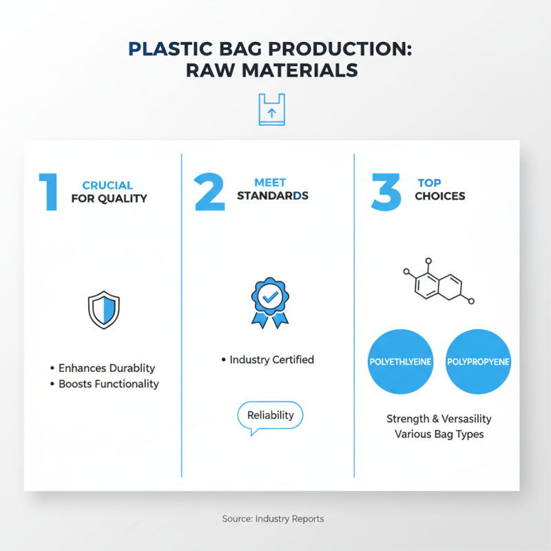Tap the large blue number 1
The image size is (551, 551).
pos(48,192)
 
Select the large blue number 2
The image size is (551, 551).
pos(209,192)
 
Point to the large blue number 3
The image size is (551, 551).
pos(386,192)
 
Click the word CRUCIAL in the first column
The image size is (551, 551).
pos(107,185)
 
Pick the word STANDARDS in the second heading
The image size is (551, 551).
pos(272,196)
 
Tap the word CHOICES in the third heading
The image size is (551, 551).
pos(439,196)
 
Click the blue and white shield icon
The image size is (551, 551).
pos(104,309)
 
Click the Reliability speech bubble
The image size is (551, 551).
pos(269,416)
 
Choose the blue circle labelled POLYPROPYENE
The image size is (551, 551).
pos(478,362)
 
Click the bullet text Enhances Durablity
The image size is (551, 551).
pos(106,368)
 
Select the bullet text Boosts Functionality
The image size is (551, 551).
pos(108,384)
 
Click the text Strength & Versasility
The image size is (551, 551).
pos(439,419)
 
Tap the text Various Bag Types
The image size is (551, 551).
pos(439,434)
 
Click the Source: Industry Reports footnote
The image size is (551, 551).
pos(273,519)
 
